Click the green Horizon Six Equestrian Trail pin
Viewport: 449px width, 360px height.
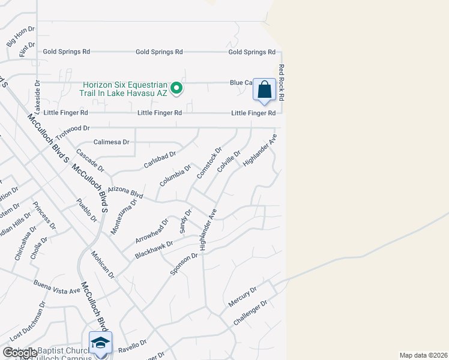pyautogui.click(x=176, y=89)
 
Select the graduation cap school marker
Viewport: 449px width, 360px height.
pyautogui.click(x=101, y=343)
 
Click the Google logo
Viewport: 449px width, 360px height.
pyautogui.click(x=20, y=353)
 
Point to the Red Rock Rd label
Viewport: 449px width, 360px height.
pyautogui.click(x=280, y=83)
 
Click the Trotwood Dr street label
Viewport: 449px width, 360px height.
pyautogui.click(x=73, y=128)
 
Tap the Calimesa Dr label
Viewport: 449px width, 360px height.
pyautogui.click(x=112, y=142)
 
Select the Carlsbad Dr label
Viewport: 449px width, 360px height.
pyautogui.click(x=160, y=160)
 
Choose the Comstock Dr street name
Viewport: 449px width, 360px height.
pyautogui.click(x=209, y=163)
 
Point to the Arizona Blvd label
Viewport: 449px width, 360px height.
pyautogui.click(x=126, y=193)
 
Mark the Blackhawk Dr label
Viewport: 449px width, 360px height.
pyautogui.click(x=154, y=250)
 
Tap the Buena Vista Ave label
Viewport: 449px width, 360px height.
pyautogui.click(x=58, y=287)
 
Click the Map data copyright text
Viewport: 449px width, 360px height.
pyautogui.click(x=423, y=355)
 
